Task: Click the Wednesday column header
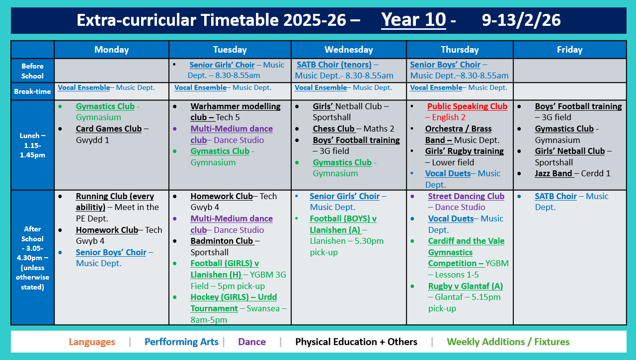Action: pos(348,50)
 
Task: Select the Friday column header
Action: pos(569,50)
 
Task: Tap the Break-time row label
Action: pos(32,91)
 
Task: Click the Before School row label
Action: pos(32,71)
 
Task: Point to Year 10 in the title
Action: pos(413,20)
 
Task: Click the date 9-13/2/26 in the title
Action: pos(521,20)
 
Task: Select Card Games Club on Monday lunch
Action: pos(109,129)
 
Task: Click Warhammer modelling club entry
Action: pos(235,106)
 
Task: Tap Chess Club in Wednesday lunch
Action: pos(333,129)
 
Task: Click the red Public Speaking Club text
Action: pos(467,106)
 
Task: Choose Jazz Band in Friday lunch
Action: pos(554,173)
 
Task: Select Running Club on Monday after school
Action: pos(115,196)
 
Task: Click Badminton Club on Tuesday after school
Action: pos(222,241)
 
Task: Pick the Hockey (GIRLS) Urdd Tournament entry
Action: pos(234,297)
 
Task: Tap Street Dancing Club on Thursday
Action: pos(466,196)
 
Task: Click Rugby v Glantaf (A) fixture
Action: pos(465,286)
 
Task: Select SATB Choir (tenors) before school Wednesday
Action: pos(334,65)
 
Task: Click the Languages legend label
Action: pos(92,342)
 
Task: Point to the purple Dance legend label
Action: pos(252,342)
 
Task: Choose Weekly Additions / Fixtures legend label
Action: pos(508,342)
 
